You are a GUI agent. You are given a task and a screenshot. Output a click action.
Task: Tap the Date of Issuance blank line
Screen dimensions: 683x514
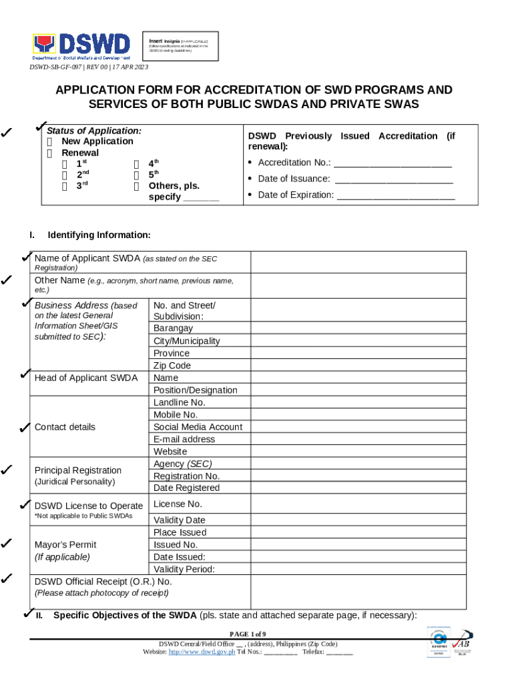[394, 179]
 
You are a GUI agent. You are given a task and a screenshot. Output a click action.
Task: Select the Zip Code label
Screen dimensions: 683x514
[172, 366]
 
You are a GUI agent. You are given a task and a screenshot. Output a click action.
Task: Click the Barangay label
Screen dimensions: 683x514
[173, 328]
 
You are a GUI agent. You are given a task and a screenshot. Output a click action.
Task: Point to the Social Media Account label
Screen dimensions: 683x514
[198, 427]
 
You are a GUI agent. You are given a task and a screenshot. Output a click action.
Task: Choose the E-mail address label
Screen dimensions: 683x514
[184, 440]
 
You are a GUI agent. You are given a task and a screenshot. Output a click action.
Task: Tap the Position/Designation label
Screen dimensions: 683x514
[195, 390]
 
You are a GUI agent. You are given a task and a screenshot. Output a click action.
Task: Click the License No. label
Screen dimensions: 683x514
[178, 504]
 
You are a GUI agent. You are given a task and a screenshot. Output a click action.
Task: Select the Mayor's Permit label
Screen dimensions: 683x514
[65, 544]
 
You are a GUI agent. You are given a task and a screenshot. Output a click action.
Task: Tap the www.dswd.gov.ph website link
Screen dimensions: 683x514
[202, 652]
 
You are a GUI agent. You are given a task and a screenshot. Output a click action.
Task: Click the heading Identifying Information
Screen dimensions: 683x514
[99, 235]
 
